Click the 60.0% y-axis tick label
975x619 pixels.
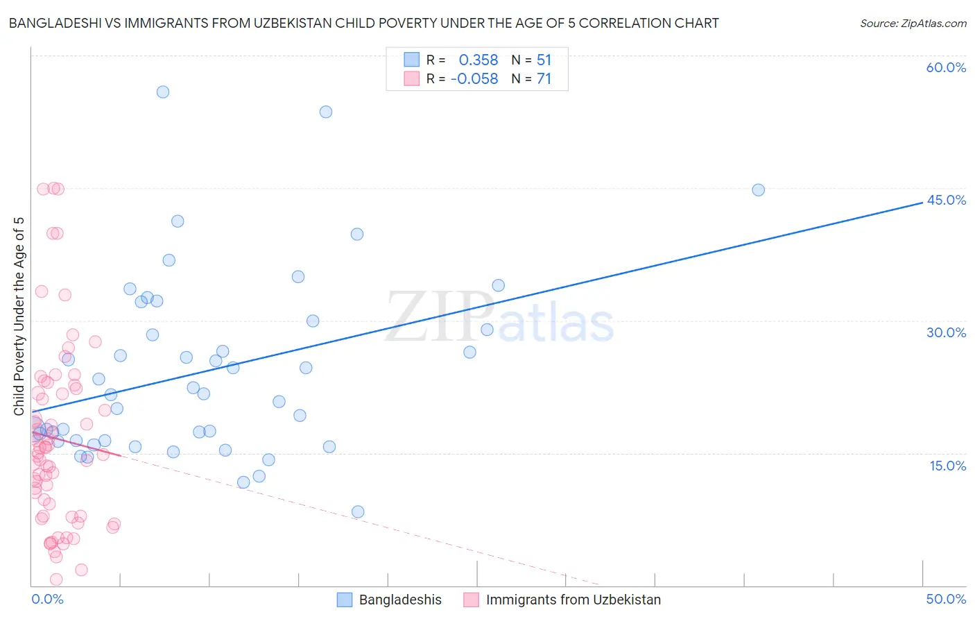(946, 67)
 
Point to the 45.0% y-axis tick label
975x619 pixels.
(946, 200)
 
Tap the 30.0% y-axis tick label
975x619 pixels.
(946, 332)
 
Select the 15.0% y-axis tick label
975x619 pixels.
(947, 466)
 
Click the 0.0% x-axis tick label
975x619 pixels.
(47, 599)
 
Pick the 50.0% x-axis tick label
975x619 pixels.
(946, 599)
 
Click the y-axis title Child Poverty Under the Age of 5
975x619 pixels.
(19, 316)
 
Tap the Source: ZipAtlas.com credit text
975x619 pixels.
(913, 23)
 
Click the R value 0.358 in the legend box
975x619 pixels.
(478, 60)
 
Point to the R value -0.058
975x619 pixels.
(474, 79)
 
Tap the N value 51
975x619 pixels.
(544, 60)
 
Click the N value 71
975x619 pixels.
(544, 79)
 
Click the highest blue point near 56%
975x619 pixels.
(163, 92)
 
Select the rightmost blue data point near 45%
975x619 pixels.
(758, 190)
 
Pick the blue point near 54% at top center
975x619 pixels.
(326, 112)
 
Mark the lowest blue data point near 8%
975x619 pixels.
(358, 512)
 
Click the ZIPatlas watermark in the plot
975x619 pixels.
(499, 318)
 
